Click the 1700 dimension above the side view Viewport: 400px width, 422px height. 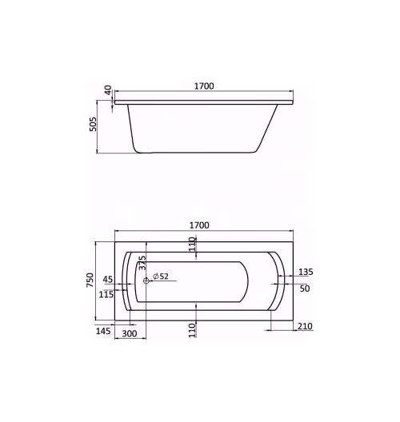pos(204,86)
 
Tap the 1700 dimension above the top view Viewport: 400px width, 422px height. pos(199,225)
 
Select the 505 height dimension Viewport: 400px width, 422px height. pos(93,124)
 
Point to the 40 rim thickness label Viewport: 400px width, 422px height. pos(108,90)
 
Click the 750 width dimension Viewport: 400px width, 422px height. pos(90,280)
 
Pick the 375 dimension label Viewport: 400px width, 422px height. pos(142,263)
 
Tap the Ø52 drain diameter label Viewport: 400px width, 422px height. pos(161,276)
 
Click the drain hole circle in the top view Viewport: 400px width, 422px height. pos(146,281)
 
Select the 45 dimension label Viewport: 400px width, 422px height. pos(108,280)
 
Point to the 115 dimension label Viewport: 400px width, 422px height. pos(106,294)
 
